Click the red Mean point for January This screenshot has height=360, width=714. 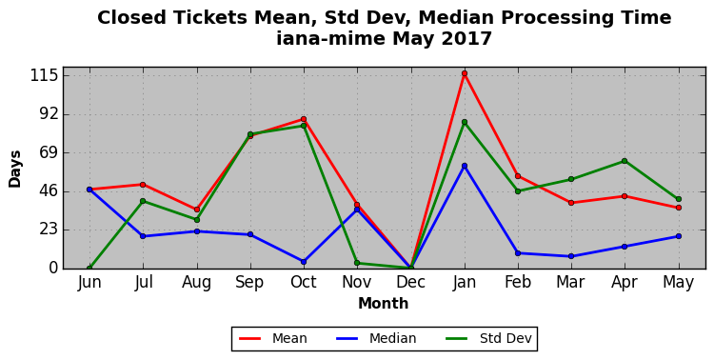click(x=465, y=73)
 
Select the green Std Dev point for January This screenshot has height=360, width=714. click(x=465, y=122)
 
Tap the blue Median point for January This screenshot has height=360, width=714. click(x=465, y=166)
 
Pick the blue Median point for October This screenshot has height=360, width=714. click(x=304, y=262)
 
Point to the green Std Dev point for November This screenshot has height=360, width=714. click(x=357, y=263)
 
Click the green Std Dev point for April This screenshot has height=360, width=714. click(x=625, y=161)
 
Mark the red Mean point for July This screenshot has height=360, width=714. click(x=143, y=185)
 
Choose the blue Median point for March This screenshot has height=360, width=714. click(x=571, y=256)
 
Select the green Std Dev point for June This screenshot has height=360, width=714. click(x=89, y=268)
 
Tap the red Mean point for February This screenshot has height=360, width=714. click(x=518, y=176)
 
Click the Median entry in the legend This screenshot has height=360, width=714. click(x=375, y=339)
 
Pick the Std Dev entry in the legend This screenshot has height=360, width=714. click(x=488, y=339)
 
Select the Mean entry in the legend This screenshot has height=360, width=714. click(x=273, y=339)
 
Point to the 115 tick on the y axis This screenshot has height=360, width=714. click(x=44, y=75)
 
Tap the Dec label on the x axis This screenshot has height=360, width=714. click(x=410, y=283)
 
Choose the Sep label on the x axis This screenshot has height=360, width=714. click(x=249, y=283)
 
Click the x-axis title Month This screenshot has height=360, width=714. click(x=384, y=304)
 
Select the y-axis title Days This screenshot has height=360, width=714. click(x=15, y=169)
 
